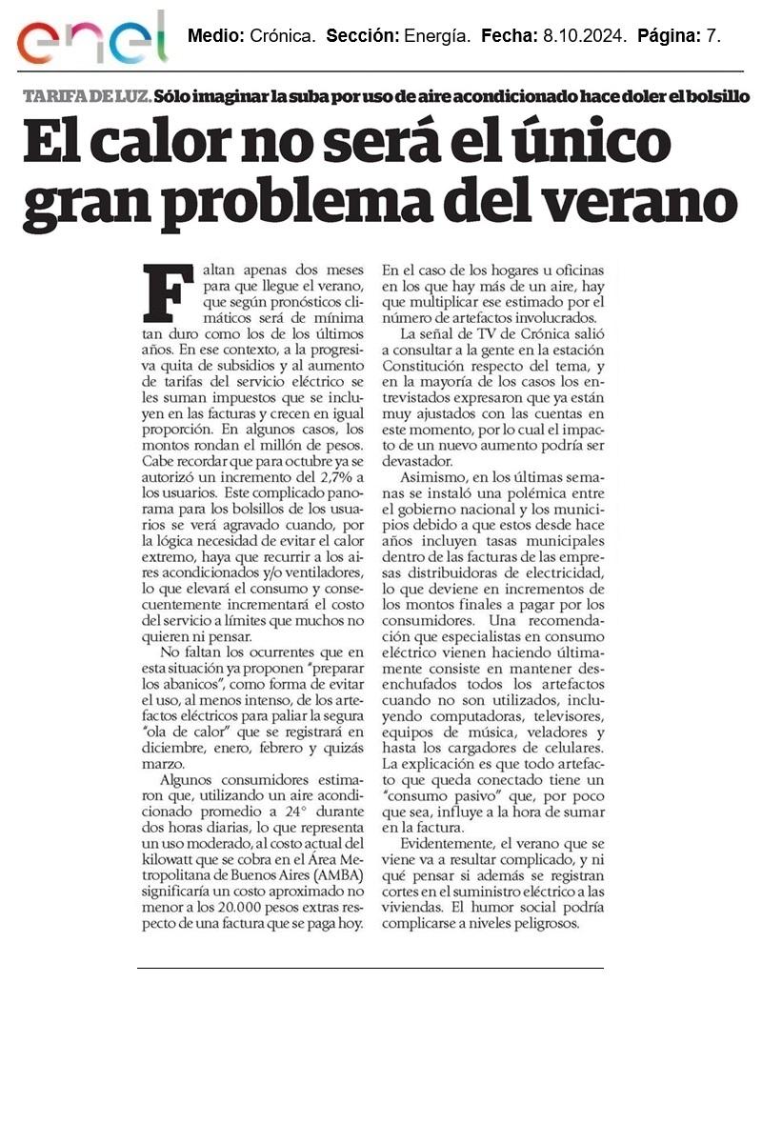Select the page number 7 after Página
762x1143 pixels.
pos(713,36)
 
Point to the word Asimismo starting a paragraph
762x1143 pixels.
pos(432,478)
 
